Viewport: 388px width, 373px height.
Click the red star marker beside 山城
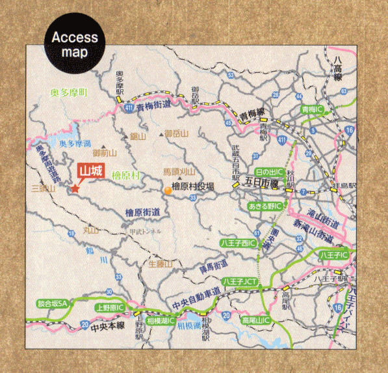pos(75,188)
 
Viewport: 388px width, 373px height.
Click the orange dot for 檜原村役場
pos(168,190)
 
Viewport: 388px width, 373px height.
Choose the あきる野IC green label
pos(265,206)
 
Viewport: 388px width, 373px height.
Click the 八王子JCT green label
pos(240,281)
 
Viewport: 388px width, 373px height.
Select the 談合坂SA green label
pos(53,303)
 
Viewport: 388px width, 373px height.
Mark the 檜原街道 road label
pos(144,213)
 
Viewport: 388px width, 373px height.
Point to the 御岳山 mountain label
pos(176,133)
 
